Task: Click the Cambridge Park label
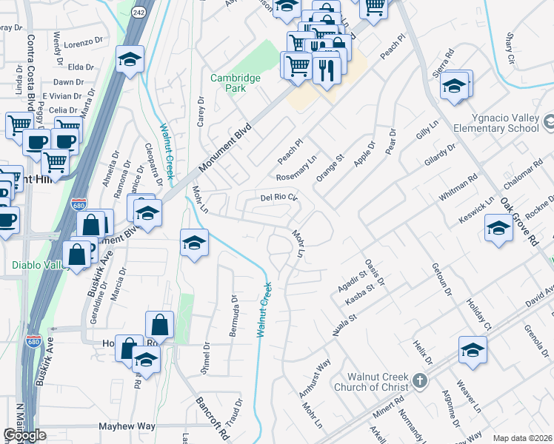(235, 82)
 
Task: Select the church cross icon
(420, 382)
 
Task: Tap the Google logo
(24, 435)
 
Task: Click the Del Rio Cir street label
(278, 198)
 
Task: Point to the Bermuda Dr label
(233, 316)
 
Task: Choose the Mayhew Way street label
(127, 426)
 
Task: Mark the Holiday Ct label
(478, 316)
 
